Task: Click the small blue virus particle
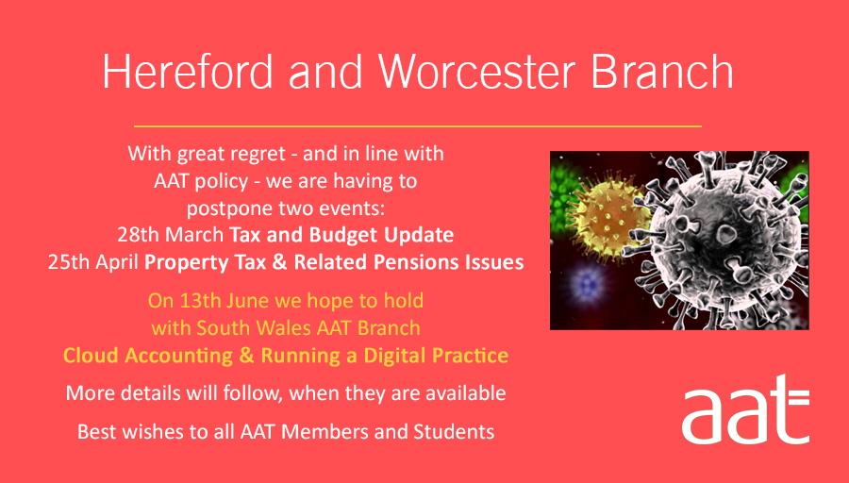click(x=590, y=282)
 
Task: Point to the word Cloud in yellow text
click(x=91, y=356)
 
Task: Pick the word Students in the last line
click(x=457, y=432)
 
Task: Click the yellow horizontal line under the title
click(x=418, y=125)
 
